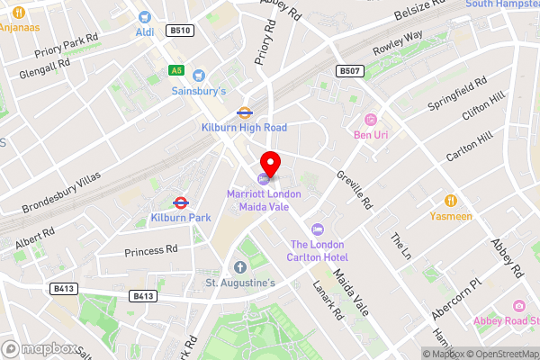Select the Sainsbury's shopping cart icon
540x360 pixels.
point(199,76)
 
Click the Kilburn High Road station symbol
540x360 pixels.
point(244,112)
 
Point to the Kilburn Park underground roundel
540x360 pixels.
point(180,202)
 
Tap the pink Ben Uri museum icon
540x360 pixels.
point(370,120)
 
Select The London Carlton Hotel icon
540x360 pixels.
point(316,229)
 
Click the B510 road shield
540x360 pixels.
point(180,31)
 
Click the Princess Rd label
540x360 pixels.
point(151,250)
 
